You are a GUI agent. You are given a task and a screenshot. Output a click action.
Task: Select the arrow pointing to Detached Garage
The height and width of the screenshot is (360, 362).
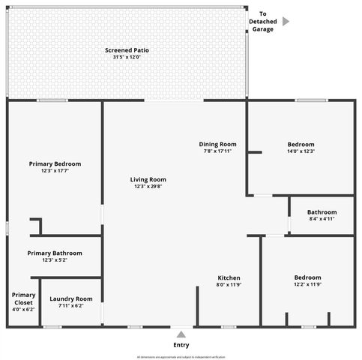(x=286, y=22)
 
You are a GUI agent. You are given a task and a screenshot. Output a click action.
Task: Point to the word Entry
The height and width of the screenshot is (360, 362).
(x=181, y=345)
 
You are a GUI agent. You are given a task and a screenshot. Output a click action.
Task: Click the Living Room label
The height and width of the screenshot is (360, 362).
(x=148, y=179)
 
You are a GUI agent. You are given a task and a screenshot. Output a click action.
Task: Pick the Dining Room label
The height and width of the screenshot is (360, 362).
(x=217, y=144)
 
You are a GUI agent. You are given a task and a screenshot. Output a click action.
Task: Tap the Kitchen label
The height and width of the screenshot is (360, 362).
(x=229, y=277)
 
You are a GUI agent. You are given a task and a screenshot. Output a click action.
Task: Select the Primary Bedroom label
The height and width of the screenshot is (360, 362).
(x=55, y=163)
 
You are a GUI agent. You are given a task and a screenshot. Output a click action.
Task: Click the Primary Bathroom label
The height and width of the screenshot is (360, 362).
(x=55, y=253)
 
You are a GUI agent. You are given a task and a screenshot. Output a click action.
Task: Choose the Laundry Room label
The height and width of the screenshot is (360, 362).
(x=71, y=298)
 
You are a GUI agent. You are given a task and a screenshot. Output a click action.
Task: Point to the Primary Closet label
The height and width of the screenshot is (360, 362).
(x=23, y=298)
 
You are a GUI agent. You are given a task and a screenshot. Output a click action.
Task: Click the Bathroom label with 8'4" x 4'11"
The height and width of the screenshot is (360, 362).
(x=322, y=212)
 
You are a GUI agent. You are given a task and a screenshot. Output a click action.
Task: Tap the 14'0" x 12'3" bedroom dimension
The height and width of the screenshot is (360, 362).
(x=301, y=151)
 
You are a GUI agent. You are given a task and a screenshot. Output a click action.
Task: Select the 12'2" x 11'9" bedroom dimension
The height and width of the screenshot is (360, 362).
(x=307, y=284)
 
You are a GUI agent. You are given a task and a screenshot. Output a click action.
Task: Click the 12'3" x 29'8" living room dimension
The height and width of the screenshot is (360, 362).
(x=148, y=187)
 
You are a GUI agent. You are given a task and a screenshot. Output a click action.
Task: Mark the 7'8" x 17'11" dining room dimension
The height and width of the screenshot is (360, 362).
(x=217, y=151)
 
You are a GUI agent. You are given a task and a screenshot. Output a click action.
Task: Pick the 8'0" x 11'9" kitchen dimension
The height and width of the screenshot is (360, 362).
(x=229, y=284)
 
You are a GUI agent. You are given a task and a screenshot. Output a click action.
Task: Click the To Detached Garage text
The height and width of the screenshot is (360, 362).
(x=262, y=22)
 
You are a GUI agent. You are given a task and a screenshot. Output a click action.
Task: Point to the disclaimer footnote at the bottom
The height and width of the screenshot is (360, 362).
(x=181, y=357)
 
